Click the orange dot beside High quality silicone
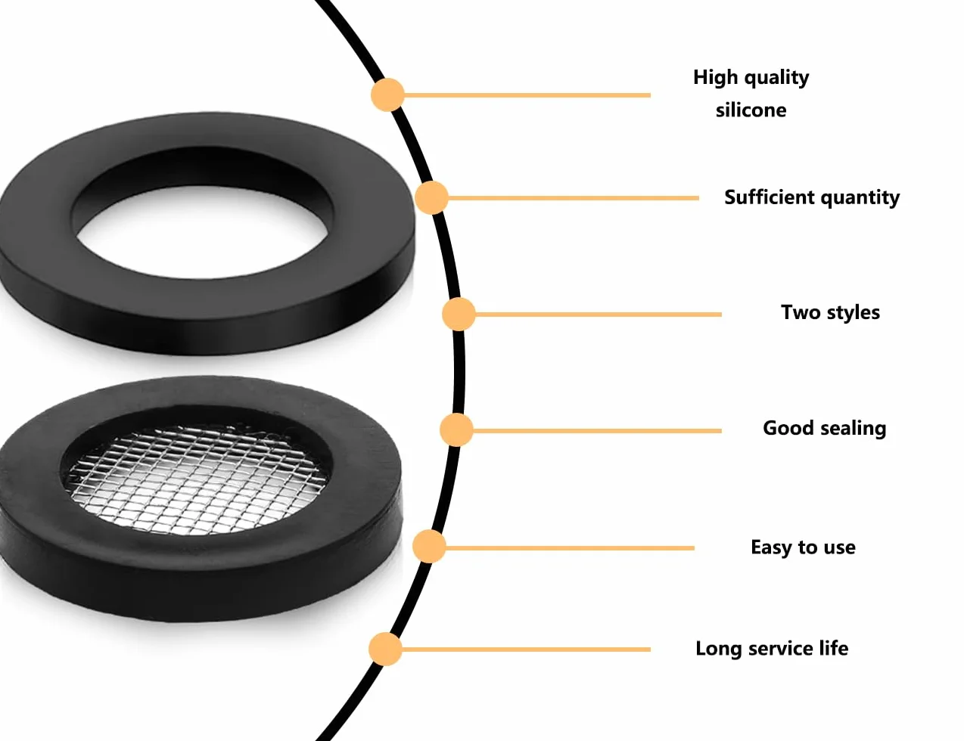pyautogui.click(x=387, y=95)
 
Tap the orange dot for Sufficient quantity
pyautogui.click(x=431, y=197)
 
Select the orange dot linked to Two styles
pyautogui.click(x=459, y=315)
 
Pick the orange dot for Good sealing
pyautogui.click(x=456, y=430)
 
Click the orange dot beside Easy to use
pyautogui.click(x=429, y=547)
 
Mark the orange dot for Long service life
pyautogui.click(x=385, y=649)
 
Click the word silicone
pyautogui.click(x=751, y=110)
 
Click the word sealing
pyautogui.click(x=853, y=429)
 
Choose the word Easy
pyautogui.click(x=772, y=547)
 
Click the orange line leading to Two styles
pyautogui.click(x=599, y=315)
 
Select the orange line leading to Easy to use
pyautogui.click(x=570, y=548)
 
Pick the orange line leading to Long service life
pyautogui.click(x=526, y=650)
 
